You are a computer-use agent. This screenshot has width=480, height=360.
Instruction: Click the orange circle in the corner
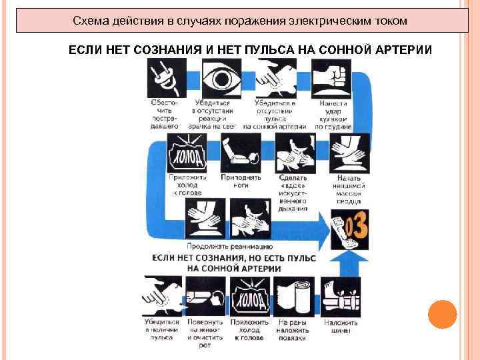click(x=441, y=313)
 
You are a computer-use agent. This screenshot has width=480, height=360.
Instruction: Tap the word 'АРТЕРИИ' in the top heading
click(x=403, y=51)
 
